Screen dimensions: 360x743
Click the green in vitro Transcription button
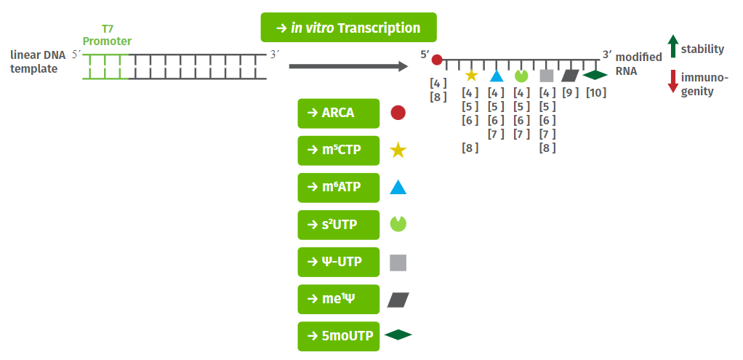pyautogui.click(x=348, y=28)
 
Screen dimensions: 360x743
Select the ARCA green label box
pyautogui.click(x=338, y=113)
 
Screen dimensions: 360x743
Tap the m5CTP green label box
pyautogui.click(x=338, y=150)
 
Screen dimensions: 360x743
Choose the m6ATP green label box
pyautogui.click(x=338, y=187)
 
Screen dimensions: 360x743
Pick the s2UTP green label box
pyautogui.click(x=338, y=224)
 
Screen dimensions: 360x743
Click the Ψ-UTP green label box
pyautogui.click(x=338, y=261)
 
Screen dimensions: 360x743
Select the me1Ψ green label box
pyautogui.click(x=338, y=298)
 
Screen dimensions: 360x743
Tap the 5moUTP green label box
pyautogui.click(x=338, y=335)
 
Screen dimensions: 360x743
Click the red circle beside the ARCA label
pyautogui.click(x=398, y=113)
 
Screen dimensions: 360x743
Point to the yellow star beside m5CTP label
pyautogui.click(x=398, y=151)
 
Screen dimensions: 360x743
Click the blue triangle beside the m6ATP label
pyautogui.click(x=398, y=188)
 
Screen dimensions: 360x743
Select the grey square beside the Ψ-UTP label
pyautogui.click(x=398, y=262)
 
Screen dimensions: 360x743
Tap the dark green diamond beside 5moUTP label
pyautogui.click(x=398, y=335)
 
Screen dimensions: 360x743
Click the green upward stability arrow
pyautogui.click(x=672, y=46)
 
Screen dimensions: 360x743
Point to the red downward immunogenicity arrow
pyautogui.click(x=672, y=81)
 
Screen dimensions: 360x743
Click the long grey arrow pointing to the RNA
pyautogui.click(x=348, y=67)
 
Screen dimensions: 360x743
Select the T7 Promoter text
pyautogui.click(x=106, y=35)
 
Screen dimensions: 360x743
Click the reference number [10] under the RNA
pyautogui.click(x=596, y=92)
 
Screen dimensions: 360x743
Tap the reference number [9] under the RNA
pyautogui.click(x=570, y=92)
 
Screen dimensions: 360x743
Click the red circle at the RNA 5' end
pyautogui.click(x=437, y=60)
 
